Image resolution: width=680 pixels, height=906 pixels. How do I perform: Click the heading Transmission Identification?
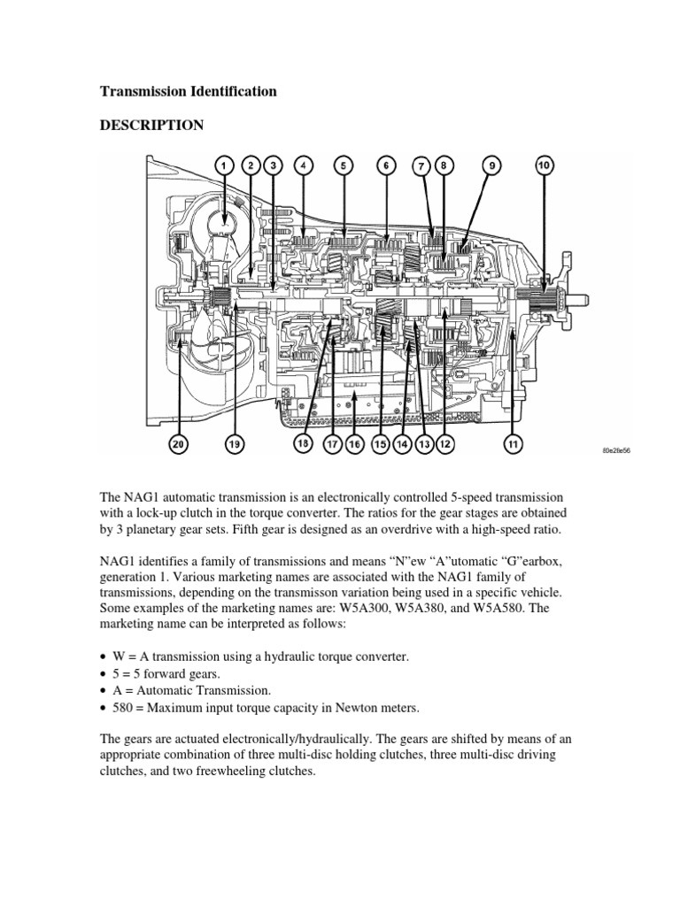coord(188,91)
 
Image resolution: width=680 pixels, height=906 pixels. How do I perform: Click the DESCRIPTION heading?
coord(151,126)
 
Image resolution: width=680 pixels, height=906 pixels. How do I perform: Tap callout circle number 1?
coord(224,165)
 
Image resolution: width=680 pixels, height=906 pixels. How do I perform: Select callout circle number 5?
coord(343,165)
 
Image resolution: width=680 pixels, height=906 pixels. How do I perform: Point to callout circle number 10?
coord(545,165)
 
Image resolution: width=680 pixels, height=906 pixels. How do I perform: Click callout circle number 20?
coord(180,445)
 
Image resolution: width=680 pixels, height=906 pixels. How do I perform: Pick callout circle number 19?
coord(235,445)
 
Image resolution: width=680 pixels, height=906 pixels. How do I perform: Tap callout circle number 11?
coord(513,445)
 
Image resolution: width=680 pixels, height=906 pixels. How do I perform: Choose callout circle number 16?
coord(354,445)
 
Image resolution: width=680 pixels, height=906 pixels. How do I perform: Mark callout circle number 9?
coord(489,165)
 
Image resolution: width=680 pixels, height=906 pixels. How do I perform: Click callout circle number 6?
coord(386,165)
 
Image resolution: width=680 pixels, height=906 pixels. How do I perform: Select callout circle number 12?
coord(444,445)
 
